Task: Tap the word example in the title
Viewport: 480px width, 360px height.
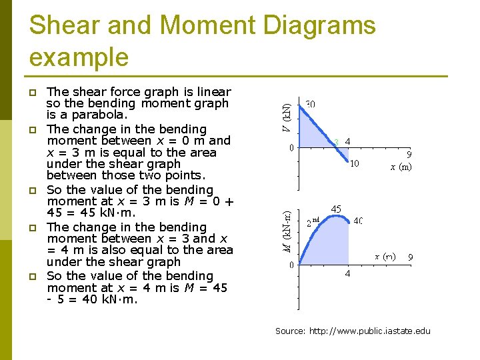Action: (x=79, y=57)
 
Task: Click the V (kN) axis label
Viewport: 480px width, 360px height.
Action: (x=285, y=117)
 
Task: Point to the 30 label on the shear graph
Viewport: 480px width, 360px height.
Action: (x=311, y=105)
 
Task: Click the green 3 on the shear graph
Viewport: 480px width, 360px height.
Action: (x=337, y=142)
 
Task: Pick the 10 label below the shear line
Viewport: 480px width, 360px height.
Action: (x=355, y=163)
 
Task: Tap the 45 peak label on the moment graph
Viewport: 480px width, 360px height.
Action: (x=337, y=209)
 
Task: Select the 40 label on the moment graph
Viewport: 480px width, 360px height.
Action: (x=358, y=221)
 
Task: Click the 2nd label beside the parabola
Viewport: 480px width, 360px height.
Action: (x=314, y=221)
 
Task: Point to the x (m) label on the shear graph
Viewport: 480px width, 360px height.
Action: (x=401, y=167)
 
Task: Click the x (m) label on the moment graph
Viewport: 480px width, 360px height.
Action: (x=385, y=256)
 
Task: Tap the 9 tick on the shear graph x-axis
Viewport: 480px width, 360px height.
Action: (x=409, y=153)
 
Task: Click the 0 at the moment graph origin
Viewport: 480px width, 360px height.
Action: (x=291, y=265)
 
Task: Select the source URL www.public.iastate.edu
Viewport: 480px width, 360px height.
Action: (x=370, y=331)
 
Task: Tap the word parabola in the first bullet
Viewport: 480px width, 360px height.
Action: (x=90, y=115)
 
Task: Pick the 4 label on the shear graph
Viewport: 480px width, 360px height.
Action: (x=348, y=141)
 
